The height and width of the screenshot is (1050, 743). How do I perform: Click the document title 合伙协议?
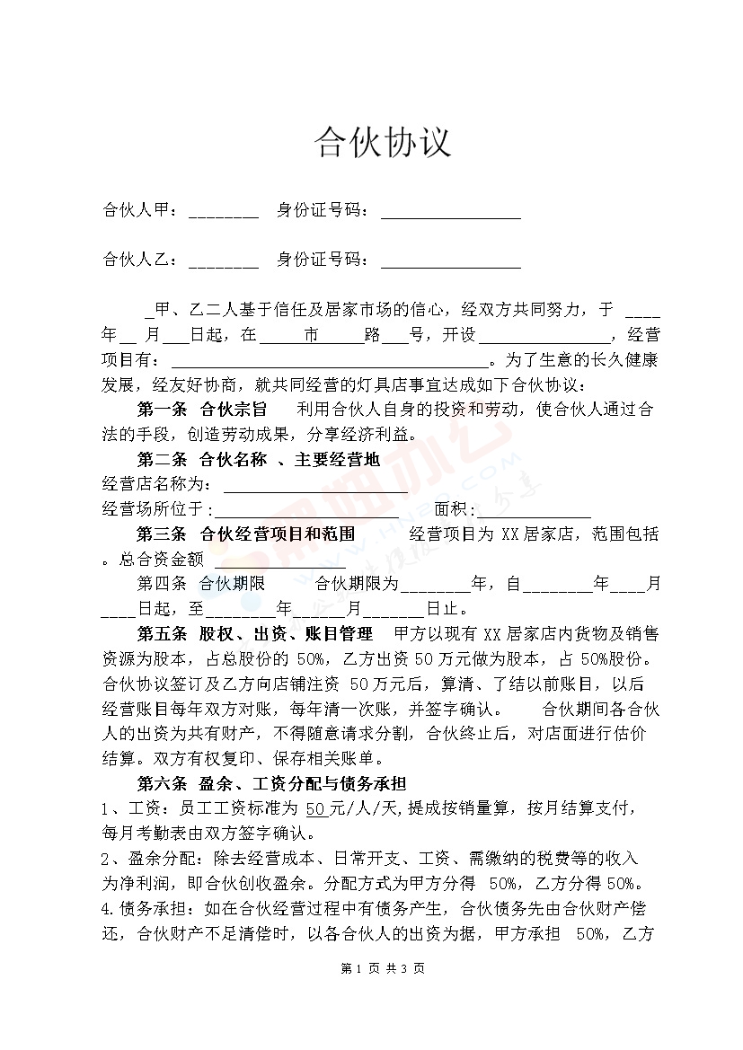[x=381, y=142]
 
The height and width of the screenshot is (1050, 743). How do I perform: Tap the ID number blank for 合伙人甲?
[x=450, y=213]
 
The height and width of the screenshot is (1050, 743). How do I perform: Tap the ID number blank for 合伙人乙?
[x=450, y=262]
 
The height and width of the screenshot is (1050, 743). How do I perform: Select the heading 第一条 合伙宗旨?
[x=202, y=410]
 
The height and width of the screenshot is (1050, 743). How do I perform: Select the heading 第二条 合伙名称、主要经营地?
[x=258, y=461]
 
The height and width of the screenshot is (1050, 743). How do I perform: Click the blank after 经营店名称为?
[x=314, y=486]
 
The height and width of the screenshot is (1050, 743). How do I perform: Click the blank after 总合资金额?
[x=280, y=560]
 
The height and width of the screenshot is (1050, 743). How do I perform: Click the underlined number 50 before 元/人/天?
[x=315, y=807]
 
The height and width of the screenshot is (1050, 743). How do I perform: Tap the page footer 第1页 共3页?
[x=383, y=968]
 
